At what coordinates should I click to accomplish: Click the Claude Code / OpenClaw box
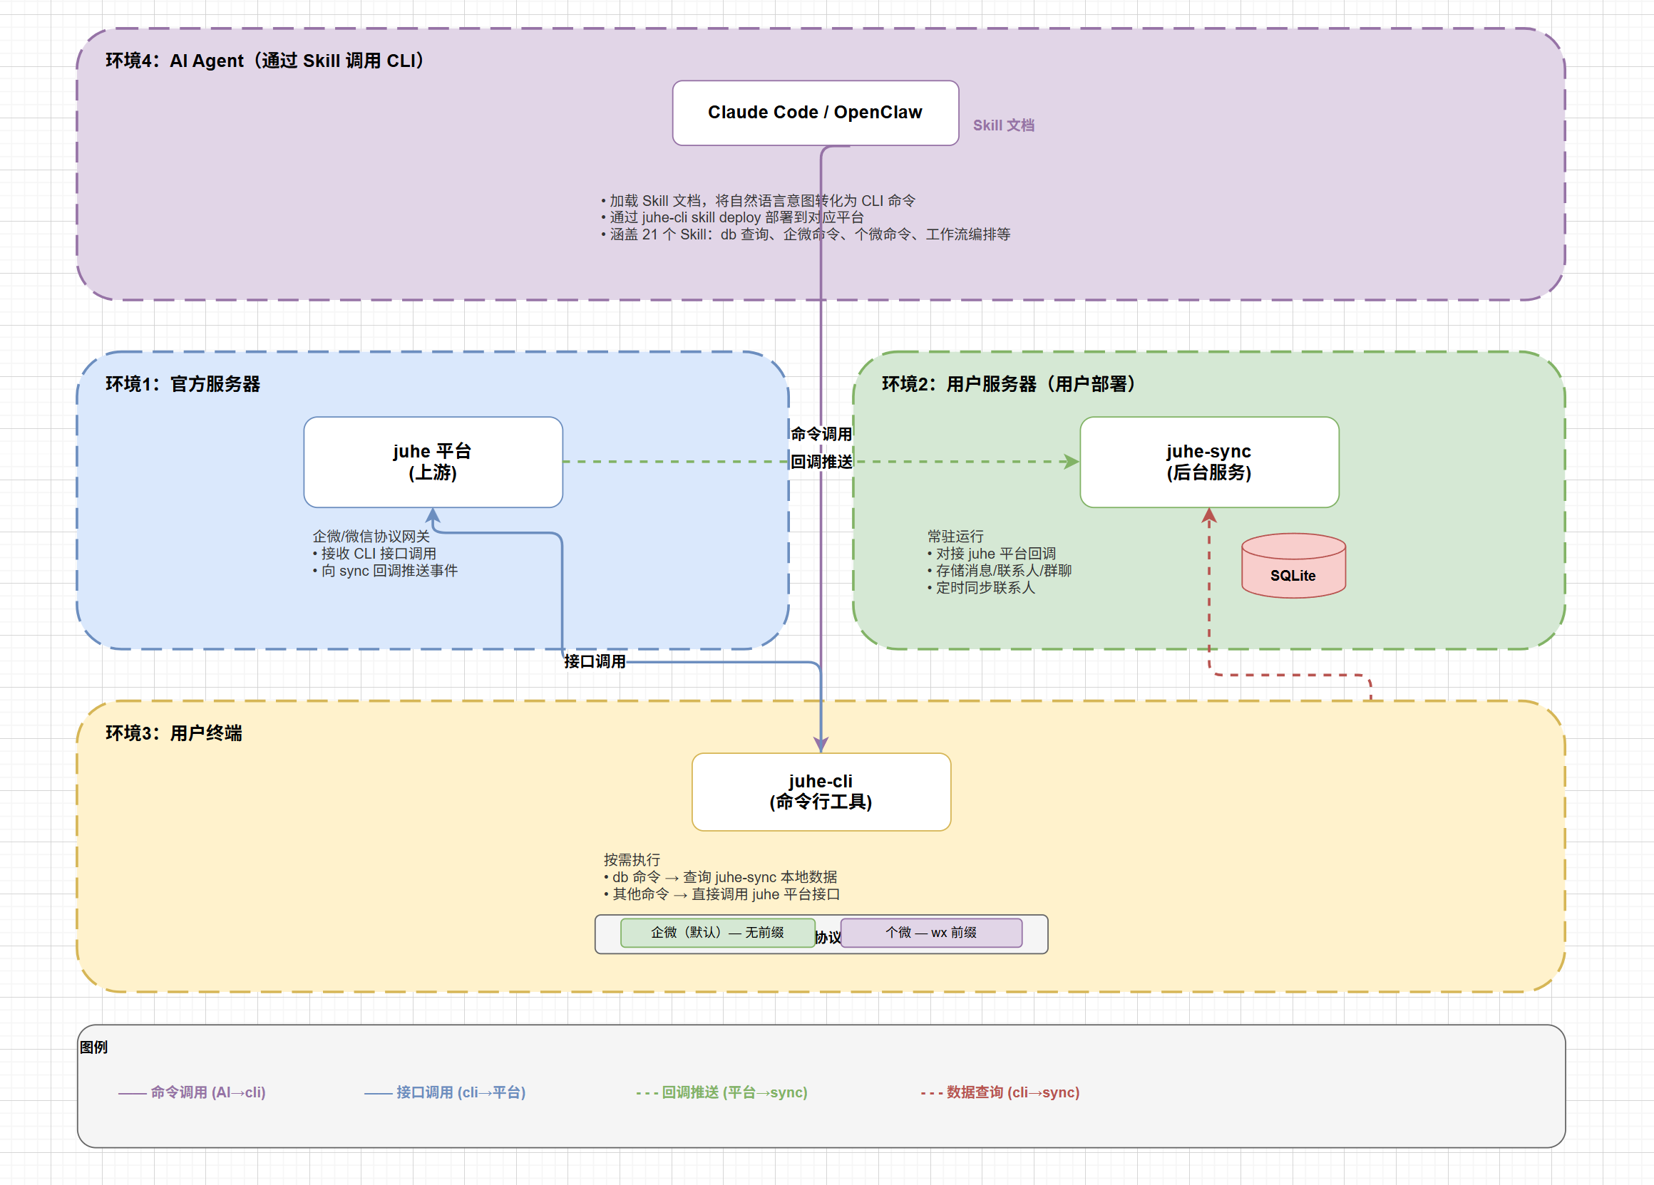[816, 113]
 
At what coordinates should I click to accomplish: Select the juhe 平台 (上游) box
[433, 462]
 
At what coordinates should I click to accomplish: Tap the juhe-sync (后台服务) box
[1209, 462]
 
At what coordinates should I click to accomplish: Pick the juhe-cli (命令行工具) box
[821, 792]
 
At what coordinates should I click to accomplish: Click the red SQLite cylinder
[1294, 566]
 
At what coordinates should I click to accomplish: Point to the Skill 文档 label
[1004, 125]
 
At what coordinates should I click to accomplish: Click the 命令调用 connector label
[821, 435]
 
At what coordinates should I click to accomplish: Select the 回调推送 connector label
[821, 462]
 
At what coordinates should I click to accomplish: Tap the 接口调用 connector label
[595, 662]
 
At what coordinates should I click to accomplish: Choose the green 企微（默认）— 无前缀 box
[718, 933]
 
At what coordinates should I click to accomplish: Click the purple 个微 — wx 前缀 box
[931, 933]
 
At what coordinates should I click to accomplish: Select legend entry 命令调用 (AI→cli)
[192, 1092]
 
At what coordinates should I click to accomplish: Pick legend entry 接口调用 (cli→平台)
[445, 1092]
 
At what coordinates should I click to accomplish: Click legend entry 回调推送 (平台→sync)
[722, 1092]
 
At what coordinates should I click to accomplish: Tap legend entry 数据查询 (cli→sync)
[1000, 1092]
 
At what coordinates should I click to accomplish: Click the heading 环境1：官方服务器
[183, 384]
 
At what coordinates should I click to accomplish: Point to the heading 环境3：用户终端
[173, 733]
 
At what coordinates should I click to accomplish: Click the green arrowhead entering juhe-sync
[1072, 462]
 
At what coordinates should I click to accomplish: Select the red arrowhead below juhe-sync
[1209, 516]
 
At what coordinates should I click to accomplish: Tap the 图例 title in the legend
[93, 1047]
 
